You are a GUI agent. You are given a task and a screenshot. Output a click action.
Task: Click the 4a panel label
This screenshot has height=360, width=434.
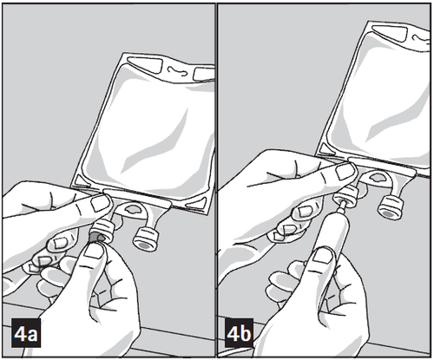coord(26,333)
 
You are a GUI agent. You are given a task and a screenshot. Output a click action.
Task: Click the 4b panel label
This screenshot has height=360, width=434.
coord(240,333)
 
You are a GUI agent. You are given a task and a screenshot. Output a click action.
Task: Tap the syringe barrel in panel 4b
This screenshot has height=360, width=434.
coord(332,231)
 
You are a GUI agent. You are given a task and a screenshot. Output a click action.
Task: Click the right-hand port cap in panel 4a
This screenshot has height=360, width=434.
coord(145,239)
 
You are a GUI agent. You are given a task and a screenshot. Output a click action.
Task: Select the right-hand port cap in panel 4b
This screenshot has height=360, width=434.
coord(391,207)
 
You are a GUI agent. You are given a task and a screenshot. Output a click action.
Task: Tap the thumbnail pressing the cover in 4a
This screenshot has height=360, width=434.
coord(93,251)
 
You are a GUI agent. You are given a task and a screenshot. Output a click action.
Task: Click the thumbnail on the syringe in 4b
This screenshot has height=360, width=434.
coord(321,256)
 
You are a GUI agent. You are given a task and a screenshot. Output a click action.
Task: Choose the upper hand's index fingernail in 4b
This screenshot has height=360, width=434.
coord(345,172)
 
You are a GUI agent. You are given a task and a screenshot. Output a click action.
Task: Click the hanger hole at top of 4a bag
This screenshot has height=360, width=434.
coord(179,70)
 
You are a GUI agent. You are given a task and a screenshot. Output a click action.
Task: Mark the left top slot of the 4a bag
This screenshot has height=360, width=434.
coord(144,64)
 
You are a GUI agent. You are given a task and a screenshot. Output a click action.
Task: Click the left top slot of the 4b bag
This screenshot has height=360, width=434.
coord(390,31)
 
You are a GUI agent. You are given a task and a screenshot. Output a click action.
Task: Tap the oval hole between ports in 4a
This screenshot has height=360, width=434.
coord(132,209)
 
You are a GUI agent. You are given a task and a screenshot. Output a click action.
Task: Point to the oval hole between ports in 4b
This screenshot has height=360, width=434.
coord(378,178)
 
